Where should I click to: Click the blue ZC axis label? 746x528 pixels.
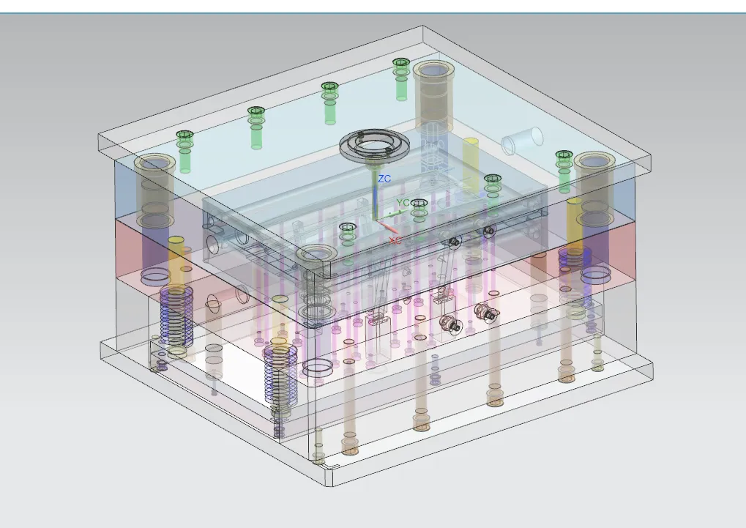tap(384, 178)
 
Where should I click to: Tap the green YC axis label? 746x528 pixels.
tap(403, 203)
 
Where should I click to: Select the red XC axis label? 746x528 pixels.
tap(395, 239)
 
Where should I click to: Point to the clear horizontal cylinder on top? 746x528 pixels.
tap(522, 141)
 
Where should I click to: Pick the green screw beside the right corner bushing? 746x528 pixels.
tap(564, 157)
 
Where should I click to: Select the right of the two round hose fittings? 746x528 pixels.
tap(485, 311)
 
